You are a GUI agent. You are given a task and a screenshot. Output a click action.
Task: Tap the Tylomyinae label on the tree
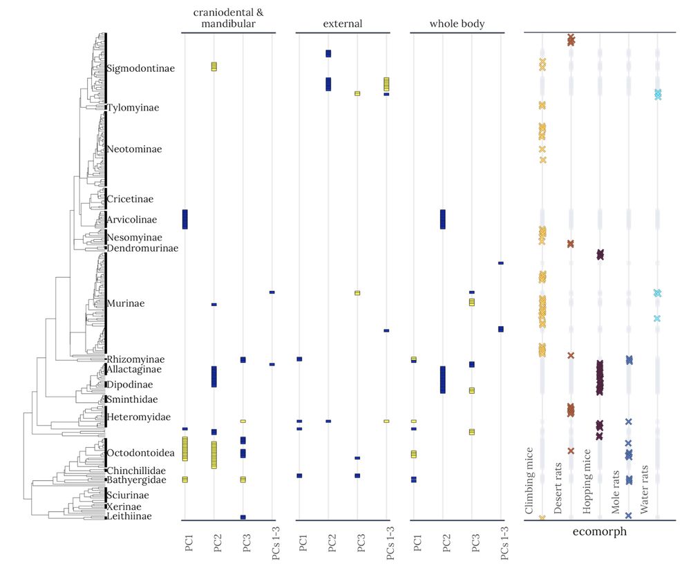pos(133,108)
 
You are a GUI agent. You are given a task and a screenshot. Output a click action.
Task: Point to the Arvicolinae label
pos(131,220)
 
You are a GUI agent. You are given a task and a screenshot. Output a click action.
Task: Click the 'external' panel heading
pos(343,24)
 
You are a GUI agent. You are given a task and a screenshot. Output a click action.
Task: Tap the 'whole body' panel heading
pos(457,24)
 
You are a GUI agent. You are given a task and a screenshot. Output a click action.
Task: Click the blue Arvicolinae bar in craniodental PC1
pos(184,219)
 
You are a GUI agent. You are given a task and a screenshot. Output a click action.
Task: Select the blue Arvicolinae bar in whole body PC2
pos(443,219)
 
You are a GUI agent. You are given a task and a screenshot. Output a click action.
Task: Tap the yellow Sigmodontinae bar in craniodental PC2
pos(214,66)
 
